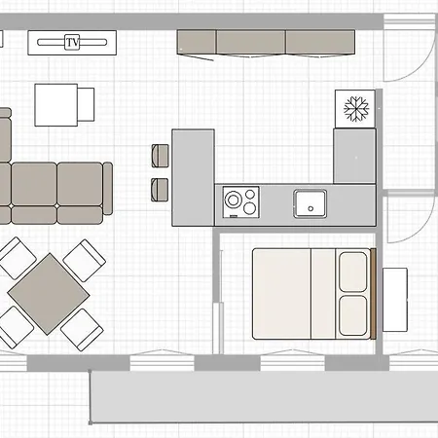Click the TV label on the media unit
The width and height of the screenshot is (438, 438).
coord(72,42)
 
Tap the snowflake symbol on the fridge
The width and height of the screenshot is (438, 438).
coord(356,109)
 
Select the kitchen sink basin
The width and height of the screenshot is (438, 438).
coord(310,203)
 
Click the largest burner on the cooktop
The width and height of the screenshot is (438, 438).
coord(233,200)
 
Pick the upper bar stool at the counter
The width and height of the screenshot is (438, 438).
coord(160,156)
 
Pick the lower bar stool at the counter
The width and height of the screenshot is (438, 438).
coord(160,190)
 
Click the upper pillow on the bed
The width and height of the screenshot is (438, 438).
coord(353,273)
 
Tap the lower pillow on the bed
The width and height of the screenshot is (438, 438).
coord(353,315)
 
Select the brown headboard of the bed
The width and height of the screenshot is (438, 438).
coord(373,294)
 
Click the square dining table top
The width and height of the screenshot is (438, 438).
coord(49,294)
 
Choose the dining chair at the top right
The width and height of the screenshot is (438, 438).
coord(84,261)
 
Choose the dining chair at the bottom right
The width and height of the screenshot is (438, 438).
coord(82,329)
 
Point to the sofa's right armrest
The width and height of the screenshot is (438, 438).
coord(108,189)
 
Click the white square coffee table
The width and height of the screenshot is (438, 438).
coord(56,105)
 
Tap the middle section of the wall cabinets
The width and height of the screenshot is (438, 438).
coord(251,42)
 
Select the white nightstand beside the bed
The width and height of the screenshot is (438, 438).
coord(395,300)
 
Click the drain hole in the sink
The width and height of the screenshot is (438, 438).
coord(310,208)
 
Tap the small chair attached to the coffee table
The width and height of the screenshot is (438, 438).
coord(86,104)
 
